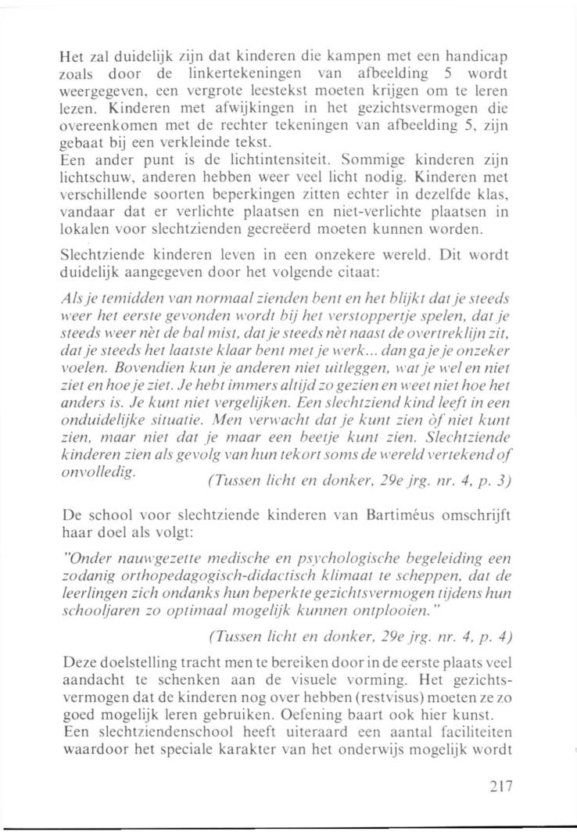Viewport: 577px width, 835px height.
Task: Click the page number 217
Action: [496, 787]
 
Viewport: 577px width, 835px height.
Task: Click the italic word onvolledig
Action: [91, 476]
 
